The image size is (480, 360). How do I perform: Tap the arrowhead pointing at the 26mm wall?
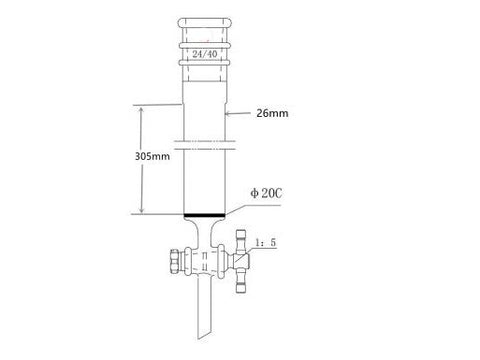(x=229, y=115)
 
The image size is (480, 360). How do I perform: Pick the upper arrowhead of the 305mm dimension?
(x=141, y=108)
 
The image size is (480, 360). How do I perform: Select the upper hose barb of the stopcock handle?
(x=244, y=238)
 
